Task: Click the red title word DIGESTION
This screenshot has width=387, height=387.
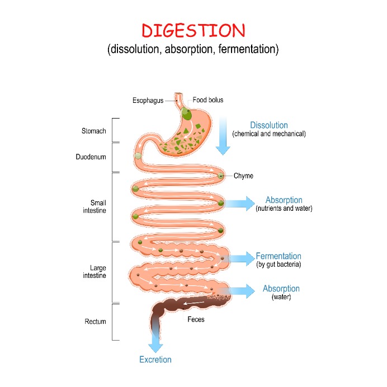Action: coord(193,31)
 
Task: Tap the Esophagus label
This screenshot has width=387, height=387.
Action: coord(148,101)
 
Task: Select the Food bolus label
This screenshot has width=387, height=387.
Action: coord(208,100)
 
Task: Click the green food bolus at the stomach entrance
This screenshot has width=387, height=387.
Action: coord(186,114)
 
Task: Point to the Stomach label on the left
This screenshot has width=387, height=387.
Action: coord(94,131)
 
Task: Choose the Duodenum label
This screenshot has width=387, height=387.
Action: coord(91,157)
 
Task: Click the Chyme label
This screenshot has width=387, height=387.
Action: coord(243,176)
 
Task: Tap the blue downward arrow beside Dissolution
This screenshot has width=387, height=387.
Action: coord(223,136)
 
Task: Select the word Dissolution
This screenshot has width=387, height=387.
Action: coord(269,125)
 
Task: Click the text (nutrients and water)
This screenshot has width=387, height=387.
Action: coord(284,208)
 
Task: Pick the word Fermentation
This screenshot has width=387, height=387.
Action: coord(279,256)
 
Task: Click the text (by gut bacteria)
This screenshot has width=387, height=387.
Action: coord(279,265)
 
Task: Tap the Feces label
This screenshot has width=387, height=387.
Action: coord(196,319)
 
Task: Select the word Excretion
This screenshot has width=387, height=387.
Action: coord(155,360)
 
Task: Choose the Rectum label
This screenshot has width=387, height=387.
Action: coord(95,322)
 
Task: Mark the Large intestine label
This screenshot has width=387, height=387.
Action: coord(95,271)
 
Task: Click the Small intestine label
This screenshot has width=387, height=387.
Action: coord(95,206)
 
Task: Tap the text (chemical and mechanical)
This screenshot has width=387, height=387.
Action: coord(269,134)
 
